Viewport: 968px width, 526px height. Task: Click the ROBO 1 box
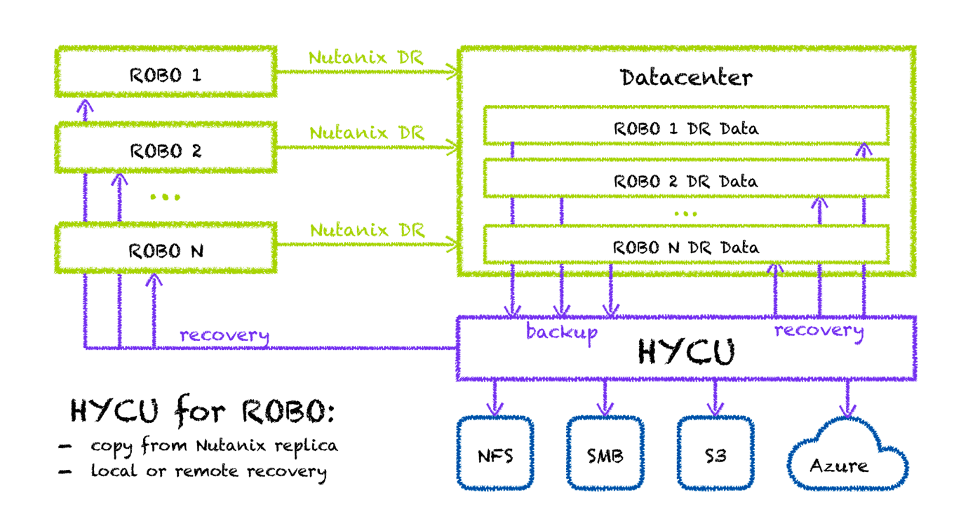point(166,74)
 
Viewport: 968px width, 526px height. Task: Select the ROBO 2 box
point(166,150)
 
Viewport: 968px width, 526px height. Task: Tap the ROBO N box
point(166,250)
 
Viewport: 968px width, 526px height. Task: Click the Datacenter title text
point(686,77)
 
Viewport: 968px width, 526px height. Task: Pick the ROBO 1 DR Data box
point(686,128)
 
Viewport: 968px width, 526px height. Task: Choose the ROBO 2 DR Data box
point(686,180)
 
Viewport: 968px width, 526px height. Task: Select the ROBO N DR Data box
point(686,247)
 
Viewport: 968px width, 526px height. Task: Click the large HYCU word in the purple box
point(686,352)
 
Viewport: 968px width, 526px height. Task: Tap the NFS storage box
point(495,455)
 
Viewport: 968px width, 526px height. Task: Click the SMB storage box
point(605,455)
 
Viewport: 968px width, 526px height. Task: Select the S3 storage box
point(715,455)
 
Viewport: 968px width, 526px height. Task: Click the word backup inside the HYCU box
point(561,332)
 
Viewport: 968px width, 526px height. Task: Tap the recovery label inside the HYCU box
point(819,330)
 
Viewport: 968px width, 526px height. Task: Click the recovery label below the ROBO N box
point(224,335)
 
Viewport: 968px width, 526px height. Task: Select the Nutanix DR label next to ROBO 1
point(366,57)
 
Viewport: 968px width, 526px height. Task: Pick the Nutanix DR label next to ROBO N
point(367,229)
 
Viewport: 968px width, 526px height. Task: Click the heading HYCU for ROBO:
point(203,412)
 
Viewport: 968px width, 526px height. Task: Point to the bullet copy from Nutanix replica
point(213,445)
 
